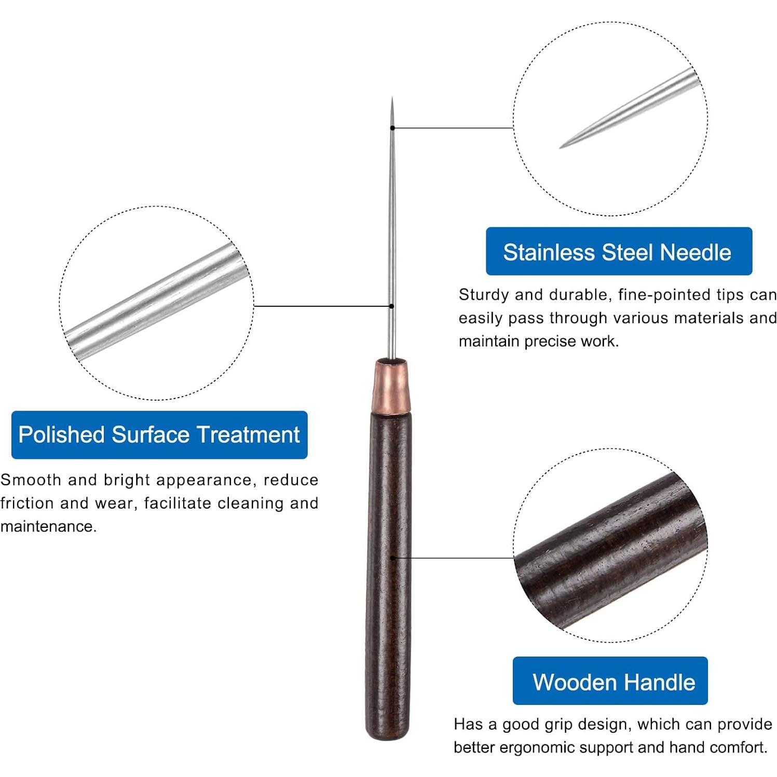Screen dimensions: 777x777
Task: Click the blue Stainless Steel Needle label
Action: coord(619,251)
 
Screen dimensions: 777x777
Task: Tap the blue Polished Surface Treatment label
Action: coord(159,435)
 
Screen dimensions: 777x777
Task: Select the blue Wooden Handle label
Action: coord(610,681)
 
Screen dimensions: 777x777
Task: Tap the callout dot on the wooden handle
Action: coord(393,558)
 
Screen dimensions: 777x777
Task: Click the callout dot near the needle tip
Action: coord(393,128)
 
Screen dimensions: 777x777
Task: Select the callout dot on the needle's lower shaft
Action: coord(392,306)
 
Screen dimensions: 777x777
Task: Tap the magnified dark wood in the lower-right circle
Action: coord(612,550)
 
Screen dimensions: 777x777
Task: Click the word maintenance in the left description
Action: coord(49,526)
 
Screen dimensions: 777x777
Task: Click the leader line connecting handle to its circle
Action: coord(454,558)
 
